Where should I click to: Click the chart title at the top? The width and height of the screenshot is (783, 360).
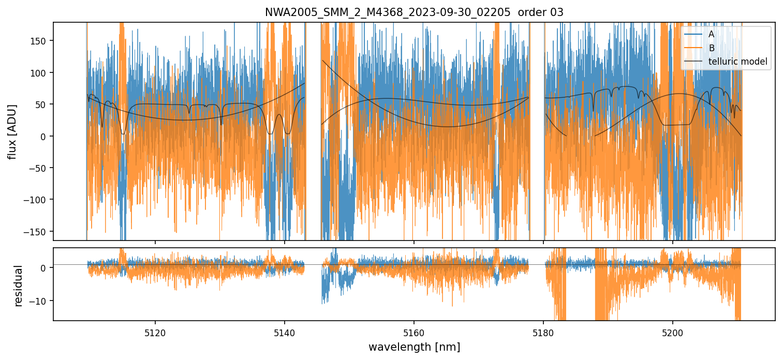[x=414, y=12]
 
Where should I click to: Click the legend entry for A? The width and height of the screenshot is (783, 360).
[x=711, y=34]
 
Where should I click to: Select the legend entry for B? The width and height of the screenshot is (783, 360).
[x=711, y=48]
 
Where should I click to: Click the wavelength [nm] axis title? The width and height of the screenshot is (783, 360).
[x=414, y=347]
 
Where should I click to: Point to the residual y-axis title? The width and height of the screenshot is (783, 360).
[x=19, y=286]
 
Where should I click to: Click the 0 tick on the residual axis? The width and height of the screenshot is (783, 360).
[x=44, y=268]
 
